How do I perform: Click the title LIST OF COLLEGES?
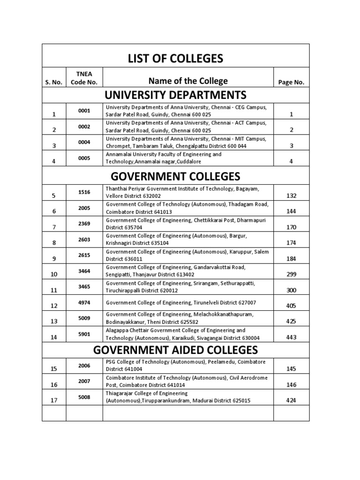click(176, 59)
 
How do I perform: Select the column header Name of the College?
click(188, 81)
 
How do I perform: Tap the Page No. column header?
click(291, 82)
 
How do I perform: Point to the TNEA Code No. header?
click(84, 78)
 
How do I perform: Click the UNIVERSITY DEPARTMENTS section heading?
click(176, 96)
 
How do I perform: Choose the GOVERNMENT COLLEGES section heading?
click(176, 176)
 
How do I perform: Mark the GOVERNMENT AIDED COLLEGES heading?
click(176, 350)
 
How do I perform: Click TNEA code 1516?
click(84, 192)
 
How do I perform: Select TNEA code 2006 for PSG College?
click(84, 365)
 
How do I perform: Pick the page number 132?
click(291, 195)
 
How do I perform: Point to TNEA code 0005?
click(84, 158)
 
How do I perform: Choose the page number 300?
click(291, 291)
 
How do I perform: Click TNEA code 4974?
click(84, 302)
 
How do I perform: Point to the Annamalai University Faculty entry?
click(164, 157)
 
